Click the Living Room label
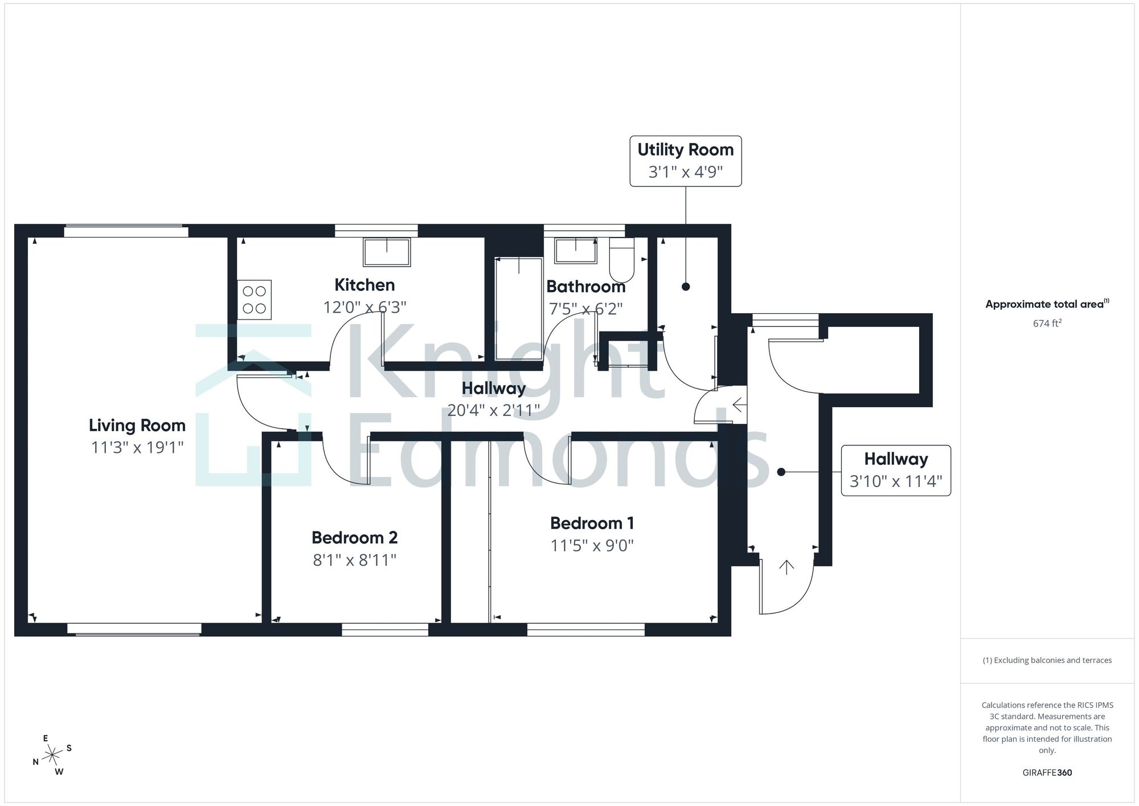(x=137, y=425)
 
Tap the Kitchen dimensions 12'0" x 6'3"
(x=365, y=308)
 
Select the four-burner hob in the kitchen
(x=255, y=300)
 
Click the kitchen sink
(x=387, y=252)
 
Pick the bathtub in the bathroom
(x=519, y=308)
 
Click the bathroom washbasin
(x=576, y=251)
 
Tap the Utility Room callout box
(x=686, y=161)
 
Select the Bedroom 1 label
(x=592, y=523)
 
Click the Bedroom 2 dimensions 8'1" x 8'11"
(x=354, y=560)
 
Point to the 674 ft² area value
(x=1047, y=323)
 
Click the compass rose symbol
(x=52, y=755)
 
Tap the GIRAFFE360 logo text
(x=1047, y=773)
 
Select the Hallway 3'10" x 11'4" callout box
(x=896, y=470)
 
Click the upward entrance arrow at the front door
(x=786, y=567)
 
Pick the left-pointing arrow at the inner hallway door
(x=739, y=406)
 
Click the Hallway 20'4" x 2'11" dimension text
(x=494, y=410)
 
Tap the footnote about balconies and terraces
(x=1047, y=661)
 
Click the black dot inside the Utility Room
(x=686, y=287)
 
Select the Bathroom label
(x=586, y=287)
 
